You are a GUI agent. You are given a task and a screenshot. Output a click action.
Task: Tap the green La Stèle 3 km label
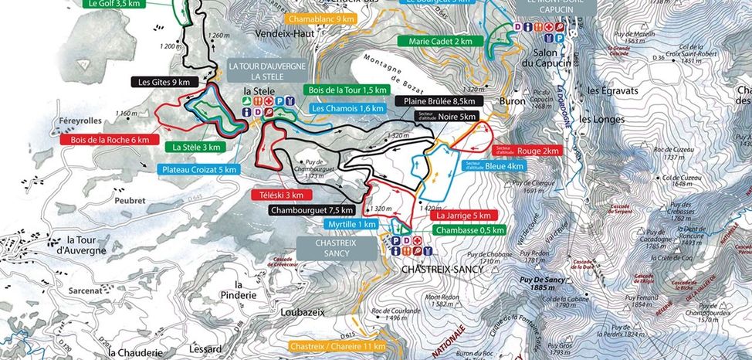(x=197, y=147)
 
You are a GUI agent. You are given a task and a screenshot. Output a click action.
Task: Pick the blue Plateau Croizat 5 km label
(x=198, y=169)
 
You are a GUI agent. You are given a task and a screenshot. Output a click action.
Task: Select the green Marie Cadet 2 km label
(x=440, y=41)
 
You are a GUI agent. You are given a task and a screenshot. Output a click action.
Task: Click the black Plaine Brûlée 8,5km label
(x=437, y=101)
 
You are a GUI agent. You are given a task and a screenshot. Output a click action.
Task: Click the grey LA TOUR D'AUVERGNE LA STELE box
(x=261, y=72)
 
